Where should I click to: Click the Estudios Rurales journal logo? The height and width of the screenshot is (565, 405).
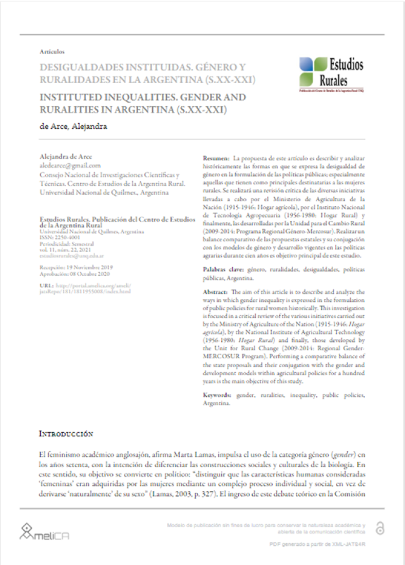(331, 73)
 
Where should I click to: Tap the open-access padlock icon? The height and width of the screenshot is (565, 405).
(380, 529)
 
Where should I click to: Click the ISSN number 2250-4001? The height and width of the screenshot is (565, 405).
(64, 238)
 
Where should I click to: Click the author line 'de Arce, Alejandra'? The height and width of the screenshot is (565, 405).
(73, 127)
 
